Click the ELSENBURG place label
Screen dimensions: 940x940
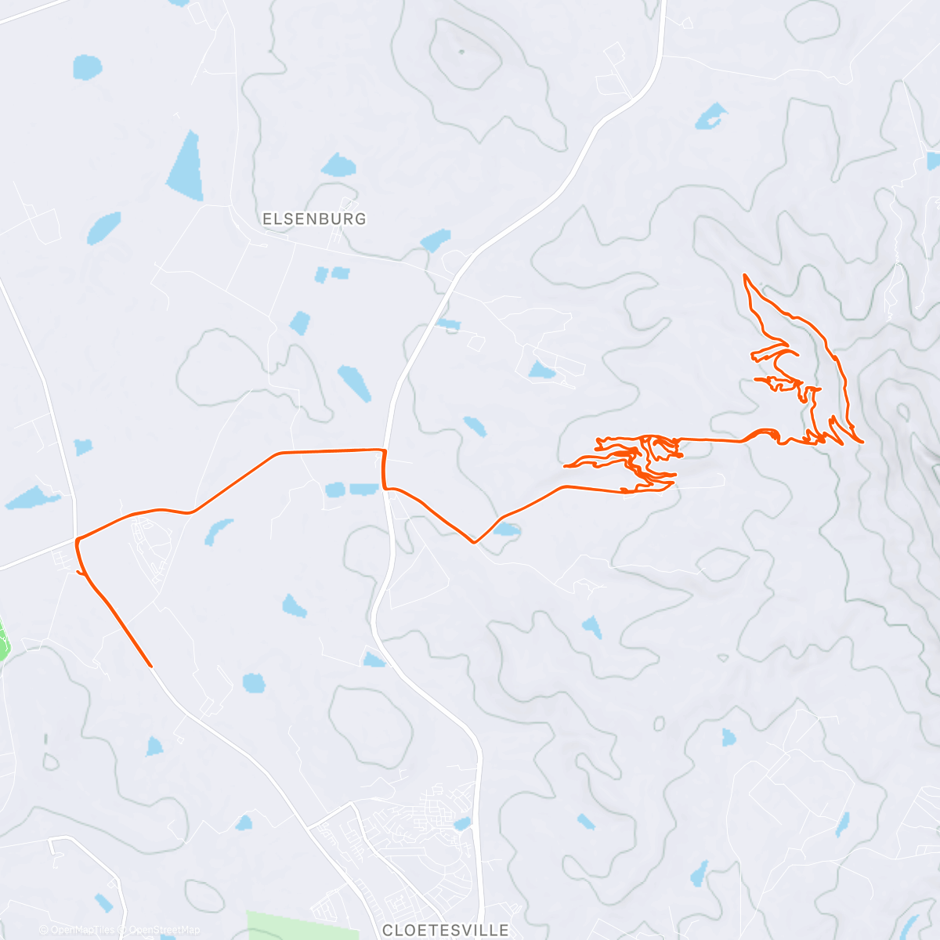[x=314, y=219]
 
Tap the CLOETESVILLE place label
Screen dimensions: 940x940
[x=445, y=931]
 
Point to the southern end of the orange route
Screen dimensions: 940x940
[x=150, y=666]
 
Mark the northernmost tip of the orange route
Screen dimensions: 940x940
[x=744, y=275]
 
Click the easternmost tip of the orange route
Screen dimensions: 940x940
[x=862, y=442]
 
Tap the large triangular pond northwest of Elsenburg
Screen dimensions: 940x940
[x=186, y=167]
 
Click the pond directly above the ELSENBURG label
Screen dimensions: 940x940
[x=338, y=165]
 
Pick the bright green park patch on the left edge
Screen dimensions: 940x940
[x=4, y=638]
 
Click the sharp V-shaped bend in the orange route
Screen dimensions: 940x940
[x=474, y=541]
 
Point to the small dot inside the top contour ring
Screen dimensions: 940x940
[x=461, y=52]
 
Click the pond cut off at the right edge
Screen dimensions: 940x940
[x=933, y=161]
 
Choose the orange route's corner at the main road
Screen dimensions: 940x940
[x=384, y=451]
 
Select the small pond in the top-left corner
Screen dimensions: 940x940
[x=88, y=67]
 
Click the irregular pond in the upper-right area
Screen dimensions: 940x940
[x=711, y=116]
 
